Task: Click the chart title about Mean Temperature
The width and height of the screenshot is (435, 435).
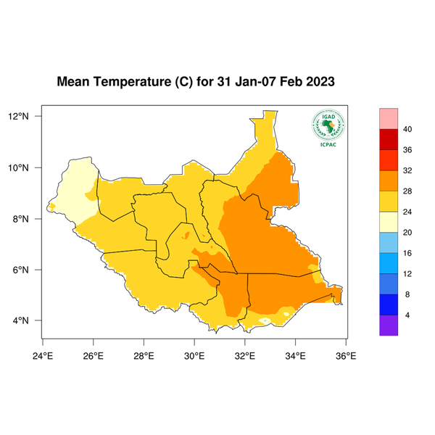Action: [x=196, y=81]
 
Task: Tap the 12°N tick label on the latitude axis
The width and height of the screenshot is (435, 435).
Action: [x=28, y=116]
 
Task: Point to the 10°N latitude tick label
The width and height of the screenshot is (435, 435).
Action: [x=28, y=167]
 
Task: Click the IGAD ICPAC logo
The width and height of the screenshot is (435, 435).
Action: [x=328, y=128]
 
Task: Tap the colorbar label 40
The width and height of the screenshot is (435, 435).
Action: [x=407, y=129]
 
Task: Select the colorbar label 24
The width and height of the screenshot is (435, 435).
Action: [x=407, y=212]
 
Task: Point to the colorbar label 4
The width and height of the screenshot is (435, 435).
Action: [x=407, y=315]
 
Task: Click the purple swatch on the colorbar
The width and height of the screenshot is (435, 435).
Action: [x=389, y=325]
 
